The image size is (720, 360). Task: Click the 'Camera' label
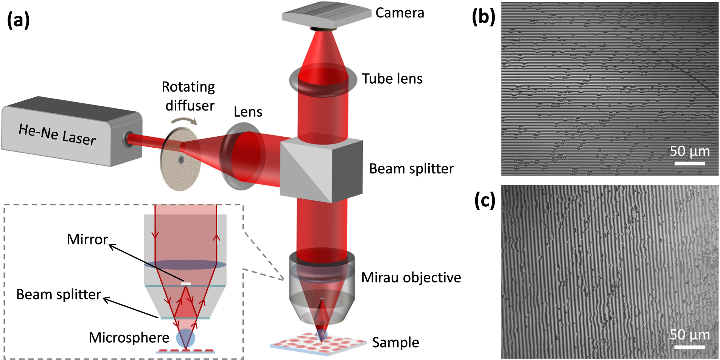point(400,13)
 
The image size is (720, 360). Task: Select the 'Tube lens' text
point(392,79)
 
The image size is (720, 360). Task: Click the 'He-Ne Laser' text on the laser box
point(57,135)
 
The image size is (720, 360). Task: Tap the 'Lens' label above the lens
point(248,112)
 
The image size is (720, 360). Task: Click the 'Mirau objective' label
point(411,277)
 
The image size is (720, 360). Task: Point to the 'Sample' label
point(395,342)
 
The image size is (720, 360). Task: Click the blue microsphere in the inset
point(186,338)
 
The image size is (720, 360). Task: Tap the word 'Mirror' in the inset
point(87,240)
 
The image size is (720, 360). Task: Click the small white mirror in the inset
point(186,284)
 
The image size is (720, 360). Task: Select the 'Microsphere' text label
point(129,338)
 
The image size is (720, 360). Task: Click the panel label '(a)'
point(18,20)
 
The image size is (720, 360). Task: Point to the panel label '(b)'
point(483,17)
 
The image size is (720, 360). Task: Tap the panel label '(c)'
point(485,200)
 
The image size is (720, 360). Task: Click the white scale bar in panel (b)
point(689,164)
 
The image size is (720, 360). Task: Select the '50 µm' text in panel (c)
point(689,335)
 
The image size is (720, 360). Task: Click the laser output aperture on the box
point(128,139)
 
